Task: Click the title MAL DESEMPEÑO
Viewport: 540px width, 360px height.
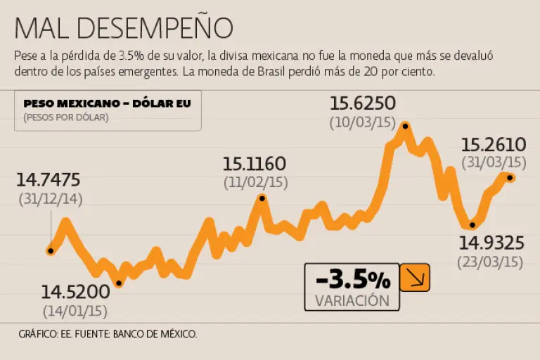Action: point(123,27)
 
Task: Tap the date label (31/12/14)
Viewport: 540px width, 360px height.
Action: point(51,199)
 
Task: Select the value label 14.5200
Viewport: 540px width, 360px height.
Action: point(75,292)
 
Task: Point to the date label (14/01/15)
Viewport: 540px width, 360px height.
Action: point(75,310)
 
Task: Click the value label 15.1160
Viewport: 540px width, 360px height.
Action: point(255,165)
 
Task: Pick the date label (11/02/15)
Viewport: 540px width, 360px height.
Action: point(256,182)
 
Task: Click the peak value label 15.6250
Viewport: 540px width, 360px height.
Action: point(363,104)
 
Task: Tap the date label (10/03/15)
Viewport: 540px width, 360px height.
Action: point(363,122)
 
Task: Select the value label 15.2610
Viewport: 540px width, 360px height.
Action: point(494,145)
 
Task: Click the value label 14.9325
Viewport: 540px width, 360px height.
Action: point(491,243)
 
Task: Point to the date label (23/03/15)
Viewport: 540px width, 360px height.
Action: point(491,262)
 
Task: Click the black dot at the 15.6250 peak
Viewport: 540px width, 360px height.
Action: point(405,126)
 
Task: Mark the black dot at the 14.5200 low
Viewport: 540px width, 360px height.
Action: point(119,283)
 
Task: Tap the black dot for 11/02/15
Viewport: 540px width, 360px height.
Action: point(262,198)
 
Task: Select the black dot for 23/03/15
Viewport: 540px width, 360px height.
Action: point(472,225)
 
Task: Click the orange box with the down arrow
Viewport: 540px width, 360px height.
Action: point(414,278)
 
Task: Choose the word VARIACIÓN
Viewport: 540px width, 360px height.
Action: point(352,300)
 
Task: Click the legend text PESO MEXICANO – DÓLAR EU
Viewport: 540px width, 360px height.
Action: point(107,103)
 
